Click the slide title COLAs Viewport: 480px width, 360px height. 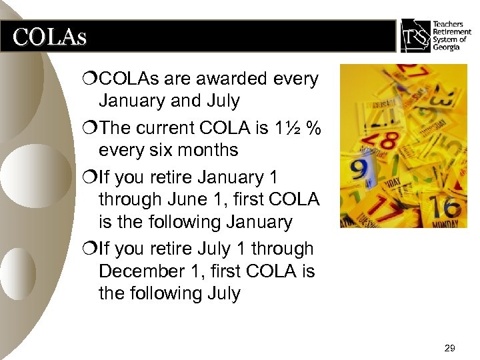49,37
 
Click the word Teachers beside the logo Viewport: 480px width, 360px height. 449,24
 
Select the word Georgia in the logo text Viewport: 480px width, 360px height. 447,47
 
